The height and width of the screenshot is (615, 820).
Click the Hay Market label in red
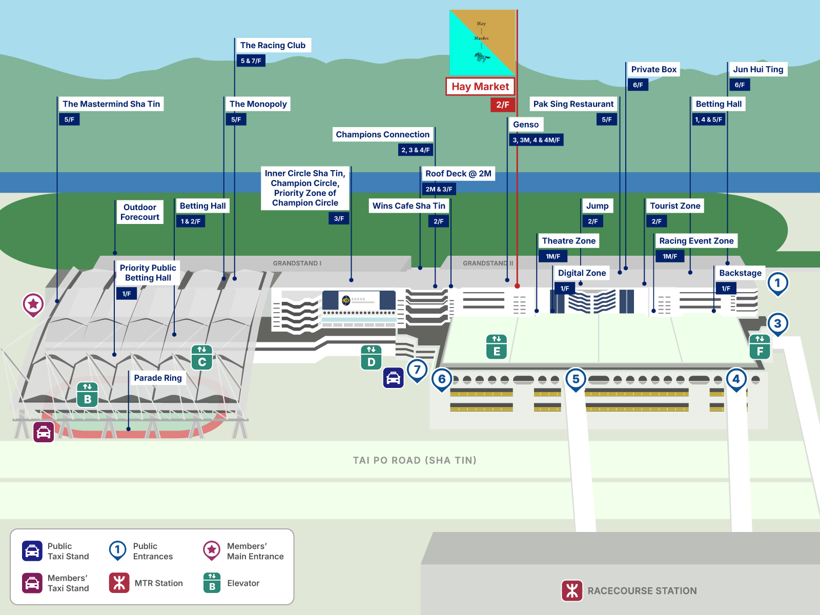click(x=480, y=87)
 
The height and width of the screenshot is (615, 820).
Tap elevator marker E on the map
click(x=497, y=347)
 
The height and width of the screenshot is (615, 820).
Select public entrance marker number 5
click(x=576, y=379)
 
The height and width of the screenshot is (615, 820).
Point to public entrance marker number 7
click(x=417, y=370)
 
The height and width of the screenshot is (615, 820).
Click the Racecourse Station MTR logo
click(x=572, y=590)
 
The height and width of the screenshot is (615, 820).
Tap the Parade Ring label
click(x=158, y=378)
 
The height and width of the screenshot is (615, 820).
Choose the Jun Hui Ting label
click(x=758, y=69)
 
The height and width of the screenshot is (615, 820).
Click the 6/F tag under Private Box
click(x=638, y=85)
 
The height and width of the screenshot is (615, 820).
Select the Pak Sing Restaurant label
click(x=573, y=104)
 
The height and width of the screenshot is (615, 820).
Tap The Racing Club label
click(x=273, y=46)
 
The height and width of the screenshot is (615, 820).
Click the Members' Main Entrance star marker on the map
click(x=33, y=304)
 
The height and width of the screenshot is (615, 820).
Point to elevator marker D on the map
click(x=371, y=357)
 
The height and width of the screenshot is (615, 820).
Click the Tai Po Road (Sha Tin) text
click(x=415, y=460)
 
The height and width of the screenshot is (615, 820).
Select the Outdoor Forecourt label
click(x=140, y=212)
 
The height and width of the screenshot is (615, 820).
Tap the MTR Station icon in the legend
click(x=119, y=583)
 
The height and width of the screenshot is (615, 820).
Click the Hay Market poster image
click(x=482, y=43)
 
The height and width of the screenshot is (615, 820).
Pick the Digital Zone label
click(x=582, y=273)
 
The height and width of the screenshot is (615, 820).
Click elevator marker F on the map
click(x=760, y=346)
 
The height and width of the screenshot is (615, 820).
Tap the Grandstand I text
click(x=297, y=263)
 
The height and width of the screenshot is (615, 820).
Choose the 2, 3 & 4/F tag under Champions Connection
click(x=415, y=150)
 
